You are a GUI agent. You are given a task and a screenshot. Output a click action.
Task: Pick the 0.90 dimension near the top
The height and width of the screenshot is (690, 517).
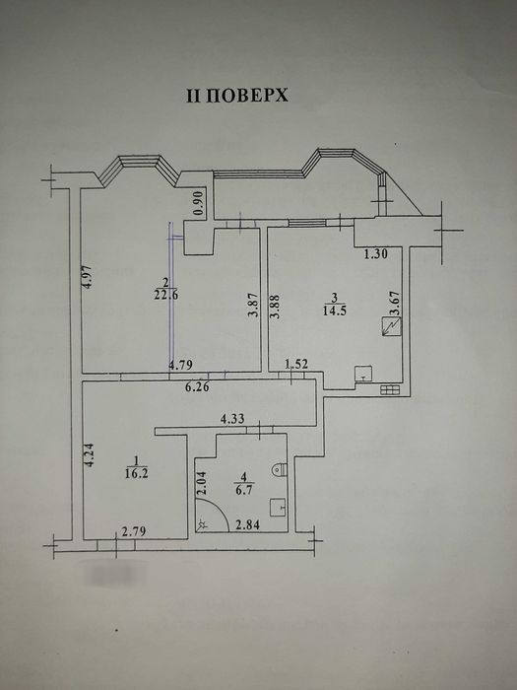click(199, 203)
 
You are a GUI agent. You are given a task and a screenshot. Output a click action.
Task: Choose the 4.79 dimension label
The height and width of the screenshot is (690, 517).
click(179, 366)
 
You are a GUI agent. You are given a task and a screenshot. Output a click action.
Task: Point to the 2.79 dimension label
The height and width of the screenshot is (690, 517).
click(132, 534)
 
